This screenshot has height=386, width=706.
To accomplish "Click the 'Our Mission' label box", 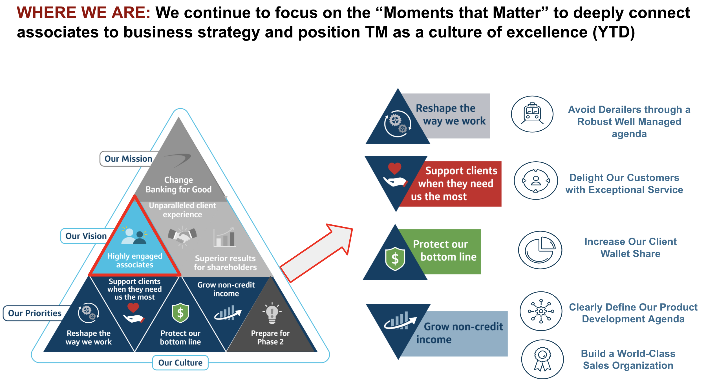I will coord(128,159).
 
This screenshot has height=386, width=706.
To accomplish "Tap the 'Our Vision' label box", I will coord(86,236).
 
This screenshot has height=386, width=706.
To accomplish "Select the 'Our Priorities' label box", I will coord(35,313).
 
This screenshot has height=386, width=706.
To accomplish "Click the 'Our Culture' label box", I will coord(180,363).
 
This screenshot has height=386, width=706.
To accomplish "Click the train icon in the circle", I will coord(532,114).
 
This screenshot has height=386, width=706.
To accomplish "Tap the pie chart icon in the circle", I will coord(540,250).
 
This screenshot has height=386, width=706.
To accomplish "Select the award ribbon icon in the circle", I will coord(542,359).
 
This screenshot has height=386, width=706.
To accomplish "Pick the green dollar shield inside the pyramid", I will coord(180,313).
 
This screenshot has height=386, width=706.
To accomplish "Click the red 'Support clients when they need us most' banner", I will coord(457,184).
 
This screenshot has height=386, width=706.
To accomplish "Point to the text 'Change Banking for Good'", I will coord(178,185).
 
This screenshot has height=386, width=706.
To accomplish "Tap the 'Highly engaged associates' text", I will coord(135,260).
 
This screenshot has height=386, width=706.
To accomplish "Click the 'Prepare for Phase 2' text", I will coord(270,337).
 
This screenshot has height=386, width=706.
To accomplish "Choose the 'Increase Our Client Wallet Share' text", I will coord(630,247).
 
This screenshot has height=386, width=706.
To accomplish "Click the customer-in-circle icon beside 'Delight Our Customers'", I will coord(536,180).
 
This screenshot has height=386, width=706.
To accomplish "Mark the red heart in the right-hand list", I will coord(394,168).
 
